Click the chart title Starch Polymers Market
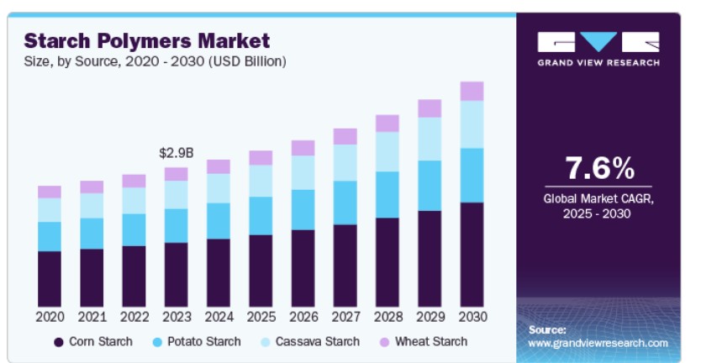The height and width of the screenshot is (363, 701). click(147, 39)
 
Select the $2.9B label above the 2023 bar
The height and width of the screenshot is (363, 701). click(177, 153)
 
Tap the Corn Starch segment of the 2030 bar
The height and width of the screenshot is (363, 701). click(472, 254)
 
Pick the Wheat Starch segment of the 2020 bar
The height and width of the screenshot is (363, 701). click(50, 192)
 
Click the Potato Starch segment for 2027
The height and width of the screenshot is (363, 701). click(345, 203)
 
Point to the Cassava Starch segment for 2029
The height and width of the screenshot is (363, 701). click(430, 139)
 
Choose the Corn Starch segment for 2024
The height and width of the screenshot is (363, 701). click(219, 272)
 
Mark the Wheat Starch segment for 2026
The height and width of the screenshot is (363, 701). click(303, 148)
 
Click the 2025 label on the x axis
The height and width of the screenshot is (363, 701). click(261, 317)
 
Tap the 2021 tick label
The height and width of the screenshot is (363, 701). click(92, 317)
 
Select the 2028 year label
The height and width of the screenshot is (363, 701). click(387, 317)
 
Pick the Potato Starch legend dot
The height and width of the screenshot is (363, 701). click(159, 342)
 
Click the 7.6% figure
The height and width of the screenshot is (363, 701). click(598, 168)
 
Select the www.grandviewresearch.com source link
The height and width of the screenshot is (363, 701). click(598, 344)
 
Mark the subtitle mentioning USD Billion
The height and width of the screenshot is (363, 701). click(155, 61)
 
